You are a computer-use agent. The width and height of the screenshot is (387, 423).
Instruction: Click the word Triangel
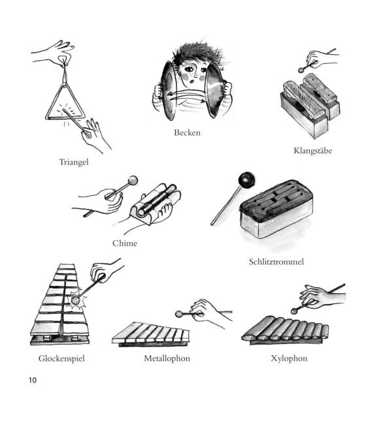(x=73, y=162)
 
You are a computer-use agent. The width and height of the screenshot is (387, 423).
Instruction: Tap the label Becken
(x=187, y=133)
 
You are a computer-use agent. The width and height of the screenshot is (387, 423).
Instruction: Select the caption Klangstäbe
(x=312, y=151)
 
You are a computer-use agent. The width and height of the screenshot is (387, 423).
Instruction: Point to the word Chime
(x=125, y=243)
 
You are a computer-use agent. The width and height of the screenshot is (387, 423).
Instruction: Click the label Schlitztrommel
(x=277, y=262)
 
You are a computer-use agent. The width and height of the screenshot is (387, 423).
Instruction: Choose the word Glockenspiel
(x=61, y=358)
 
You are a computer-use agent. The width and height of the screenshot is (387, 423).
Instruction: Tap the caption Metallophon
(x=167, y=358)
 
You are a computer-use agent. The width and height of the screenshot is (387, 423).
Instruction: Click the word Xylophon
(x=289, y=358)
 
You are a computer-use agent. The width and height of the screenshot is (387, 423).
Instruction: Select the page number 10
(x=33, y=380)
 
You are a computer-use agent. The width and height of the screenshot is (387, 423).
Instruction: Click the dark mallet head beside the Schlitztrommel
(x=246, y=179)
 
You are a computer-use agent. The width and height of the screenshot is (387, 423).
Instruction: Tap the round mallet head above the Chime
(x=133, y=180)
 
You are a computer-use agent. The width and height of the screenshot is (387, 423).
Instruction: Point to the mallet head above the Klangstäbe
(x=301, y=70)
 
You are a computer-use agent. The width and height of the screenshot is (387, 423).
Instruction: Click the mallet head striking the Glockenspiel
(x=75, y=300)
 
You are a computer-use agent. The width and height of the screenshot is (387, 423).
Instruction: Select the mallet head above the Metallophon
(x=178, y=314)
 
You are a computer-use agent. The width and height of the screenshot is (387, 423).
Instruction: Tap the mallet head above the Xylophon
(x=294, y=311)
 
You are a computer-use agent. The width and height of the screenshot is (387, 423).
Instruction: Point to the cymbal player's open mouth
(x=192, y=81)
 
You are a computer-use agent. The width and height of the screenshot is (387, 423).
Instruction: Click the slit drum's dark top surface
(x=277, y=199)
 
